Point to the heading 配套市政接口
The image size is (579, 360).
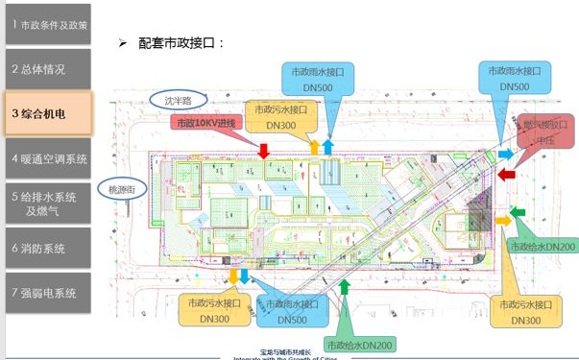[x=182, y=43]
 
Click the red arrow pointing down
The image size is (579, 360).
[x=263, y=151]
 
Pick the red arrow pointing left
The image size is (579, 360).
[x=509, y=177]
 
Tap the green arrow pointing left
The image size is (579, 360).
[x=518, y=211]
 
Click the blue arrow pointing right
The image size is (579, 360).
[x=505, y=154]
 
